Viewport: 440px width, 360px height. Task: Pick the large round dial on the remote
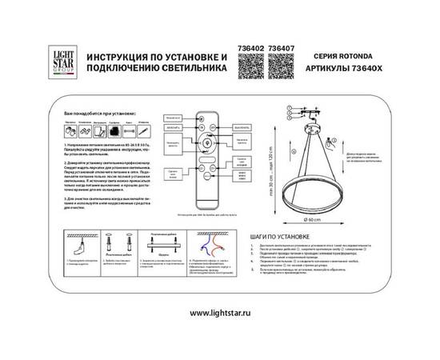click(213, 146)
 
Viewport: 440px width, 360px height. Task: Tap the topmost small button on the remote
click(213, 118)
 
